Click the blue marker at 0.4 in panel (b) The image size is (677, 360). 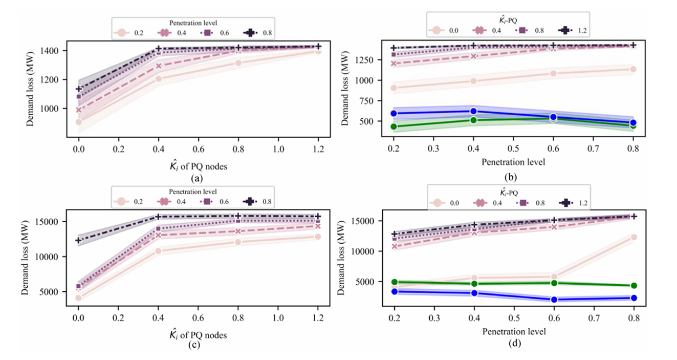473,111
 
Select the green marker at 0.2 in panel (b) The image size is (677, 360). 394,126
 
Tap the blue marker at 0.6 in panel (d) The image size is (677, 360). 554,300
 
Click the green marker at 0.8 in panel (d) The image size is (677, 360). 634,286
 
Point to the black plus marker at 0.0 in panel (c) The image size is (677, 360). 78,240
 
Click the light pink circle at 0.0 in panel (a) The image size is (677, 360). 78,122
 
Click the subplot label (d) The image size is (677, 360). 514,343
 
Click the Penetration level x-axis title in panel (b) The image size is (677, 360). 514,163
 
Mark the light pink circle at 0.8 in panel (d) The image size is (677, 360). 634,237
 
